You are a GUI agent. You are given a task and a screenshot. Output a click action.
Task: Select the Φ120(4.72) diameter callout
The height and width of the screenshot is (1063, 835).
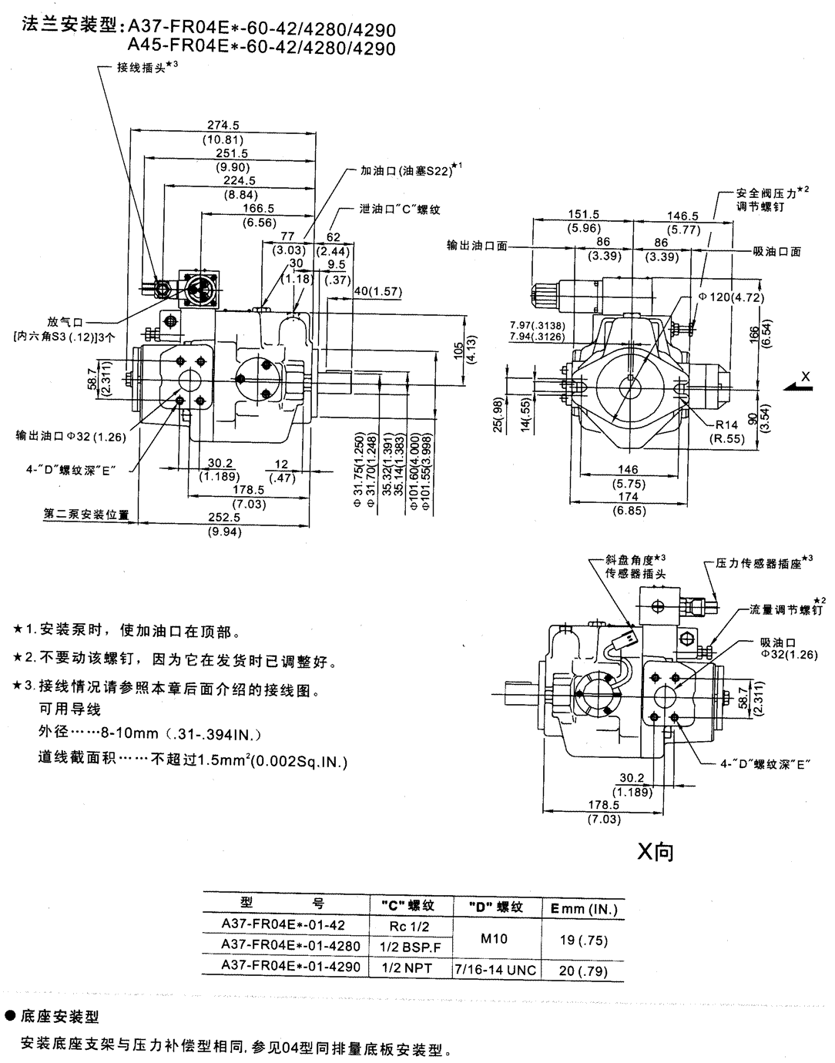pos(719,297)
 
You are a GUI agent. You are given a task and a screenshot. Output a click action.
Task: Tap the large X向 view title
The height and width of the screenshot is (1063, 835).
pos(656,851)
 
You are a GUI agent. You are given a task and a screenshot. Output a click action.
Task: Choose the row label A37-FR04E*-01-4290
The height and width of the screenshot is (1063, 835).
pos(290,966)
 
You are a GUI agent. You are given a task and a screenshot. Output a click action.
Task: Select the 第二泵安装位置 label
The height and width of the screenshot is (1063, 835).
pos(86,513)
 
